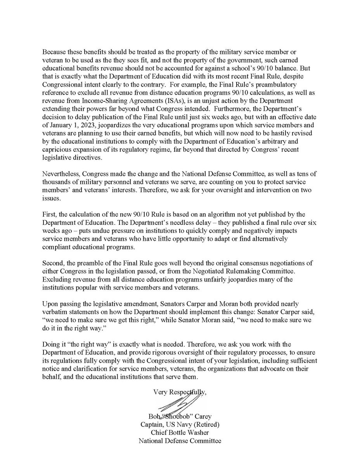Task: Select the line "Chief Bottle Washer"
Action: (x=180, y=432)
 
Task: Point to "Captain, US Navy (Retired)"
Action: (x=180, y=424)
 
